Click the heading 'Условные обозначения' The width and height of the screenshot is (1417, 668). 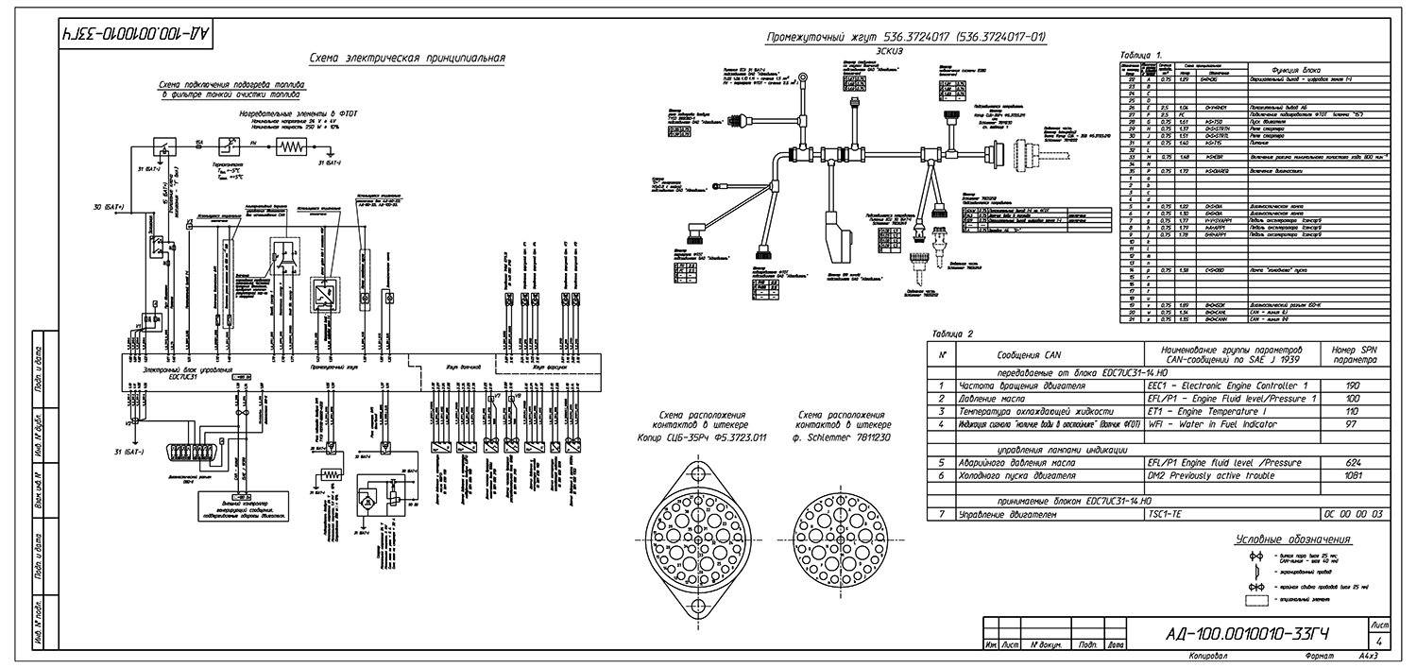tap(1292, 540)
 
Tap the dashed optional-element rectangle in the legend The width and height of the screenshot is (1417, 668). tap(1256, 599)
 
